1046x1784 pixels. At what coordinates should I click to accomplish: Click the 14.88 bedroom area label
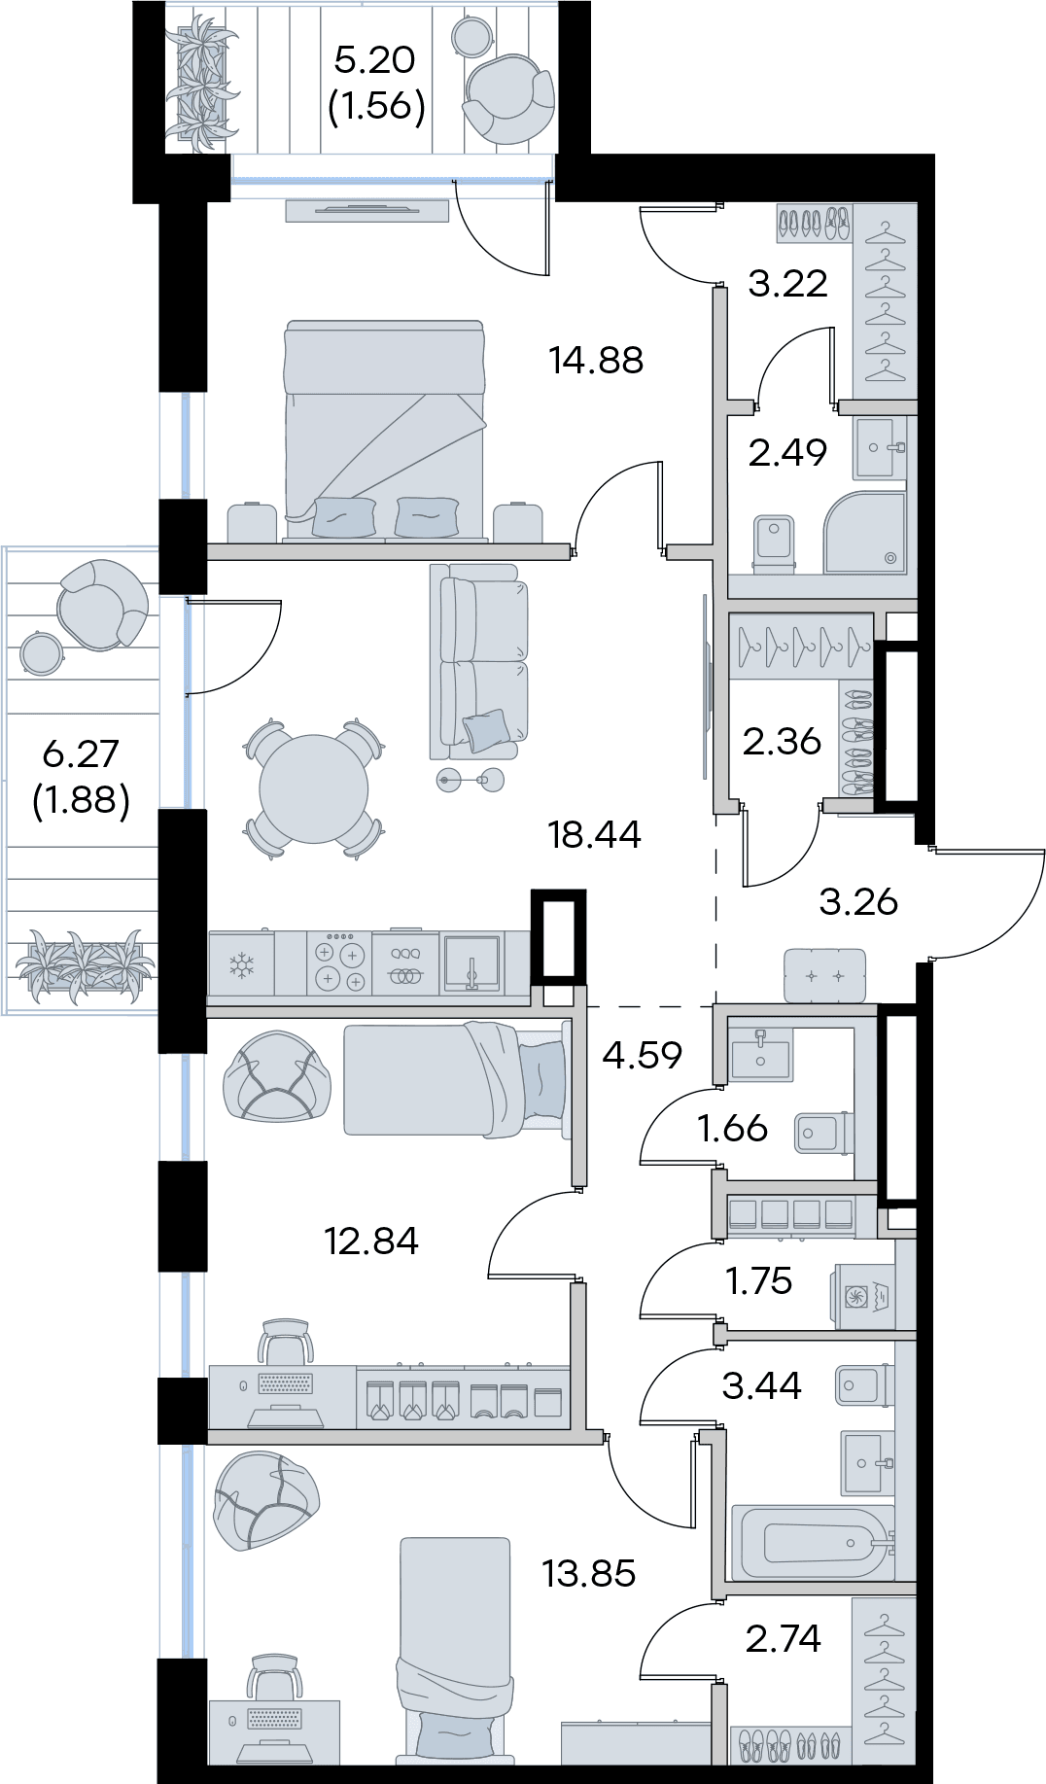pos(595,361)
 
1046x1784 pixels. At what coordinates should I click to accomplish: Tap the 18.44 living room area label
pos(595,834)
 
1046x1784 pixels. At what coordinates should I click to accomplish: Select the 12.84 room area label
pos(372,1241)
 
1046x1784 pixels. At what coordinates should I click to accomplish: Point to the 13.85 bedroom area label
pos(589,1572)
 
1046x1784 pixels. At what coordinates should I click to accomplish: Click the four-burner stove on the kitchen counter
pos(338,963)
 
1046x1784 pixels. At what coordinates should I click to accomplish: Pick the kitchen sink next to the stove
pos(471,963)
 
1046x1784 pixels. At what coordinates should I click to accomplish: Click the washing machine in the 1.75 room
pos(861,1295)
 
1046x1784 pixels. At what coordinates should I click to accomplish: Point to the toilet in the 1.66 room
pos(822,1131)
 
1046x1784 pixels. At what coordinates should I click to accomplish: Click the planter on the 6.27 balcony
pos(84,963)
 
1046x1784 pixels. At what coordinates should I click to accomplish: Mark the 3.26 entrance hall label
pos(857,902)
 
